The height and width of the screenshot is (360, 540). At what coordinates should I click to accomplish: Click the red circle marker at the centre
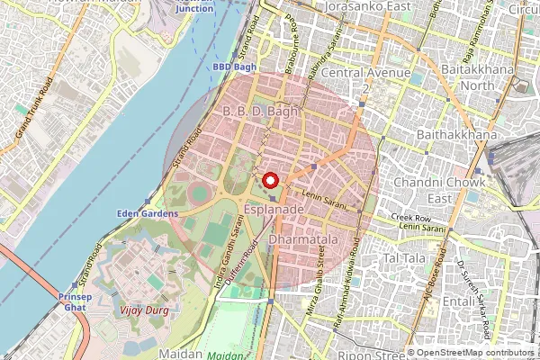click(x=271, y=180)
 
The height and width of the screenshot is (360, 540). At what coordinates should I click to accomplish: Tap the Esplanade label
click(x=274, y=209)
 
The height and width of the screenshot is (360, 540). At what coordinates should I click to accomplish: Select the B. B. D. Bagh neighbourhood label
click(x=259, y=112)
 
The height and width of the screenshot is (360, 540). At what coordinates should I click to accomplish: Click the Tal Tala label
click(x=404, y=258)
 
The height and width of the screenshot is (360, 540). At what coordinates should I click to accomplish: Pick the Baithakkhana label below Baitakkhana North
click(x=458, y=135)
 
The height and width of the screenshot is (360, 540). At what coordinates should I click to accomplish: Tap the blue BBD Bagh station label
click(x=235, y=67)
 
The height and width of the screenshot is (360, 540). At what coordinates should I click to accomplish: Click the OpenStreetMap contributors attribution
click(x=476, y=353)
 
